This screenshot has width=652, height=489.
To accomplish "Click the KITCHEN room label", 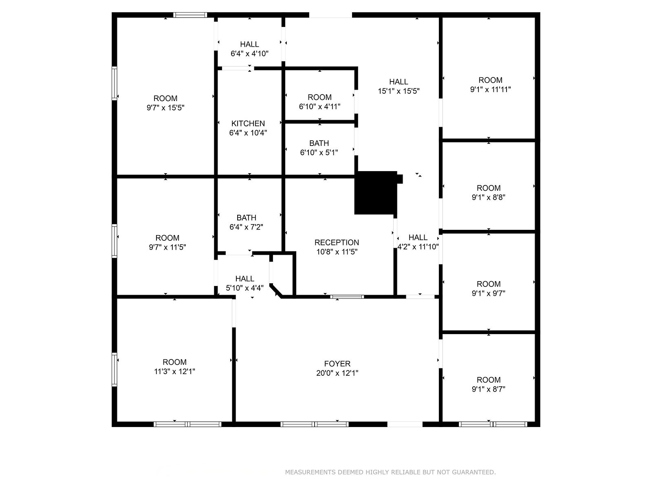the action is [x=248, y=123].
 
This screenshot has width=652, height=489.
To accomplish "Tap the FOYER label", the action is [x=337, y=363].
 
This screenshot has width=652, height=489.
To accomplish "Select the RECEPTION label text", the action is [x=337, y=242].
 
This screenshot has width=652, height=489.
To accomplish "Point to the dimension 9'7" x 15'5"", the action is [x=165, y=108].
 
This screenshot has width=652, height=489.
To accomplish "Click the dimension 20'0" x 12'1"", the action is [x=337, y=373].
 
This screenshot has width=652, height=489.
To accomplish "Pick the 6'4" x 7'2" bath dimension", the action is [x=246, y=227].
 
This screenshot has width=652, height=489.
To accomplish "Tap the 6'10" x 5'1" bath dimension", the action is [x=319, y=152].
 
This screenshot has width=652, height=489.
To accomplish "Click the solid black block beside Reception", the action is [x=376, y=192].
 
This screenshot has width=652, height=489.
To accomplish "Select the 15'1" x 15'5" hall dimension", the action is [x=399, y=91].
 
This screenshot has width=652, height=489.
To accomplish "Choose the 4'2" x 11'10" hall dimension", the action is [x=418, y=247].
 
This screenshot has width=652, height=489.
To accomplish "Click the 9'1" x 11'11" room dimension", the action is [x=490, y=89].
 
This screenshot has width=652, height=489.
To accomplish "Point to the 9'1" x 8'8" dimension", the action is [x=489, y=197].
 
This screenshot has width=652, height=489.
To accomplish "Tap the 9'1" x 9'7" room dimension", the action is [x=489, y=293].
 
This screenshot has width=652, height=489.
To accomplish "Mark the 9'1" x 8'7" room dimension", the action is [x=489, y=389].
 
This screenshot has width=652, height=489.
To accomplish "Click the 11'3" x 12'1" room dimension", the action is [x=175, y=371].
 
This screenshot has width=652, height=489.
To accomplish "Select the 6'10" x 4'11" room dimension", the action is [x=319, y=107].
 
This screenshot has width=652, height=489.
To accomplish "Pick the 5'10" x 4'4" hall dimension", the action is [x=245, y=288].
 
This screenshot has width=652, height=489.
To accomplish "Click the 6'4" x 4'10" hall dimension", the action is [x=249, y=53].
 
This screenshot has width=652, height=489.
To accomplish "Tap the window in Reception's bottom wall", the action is [x=347, y=297].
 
